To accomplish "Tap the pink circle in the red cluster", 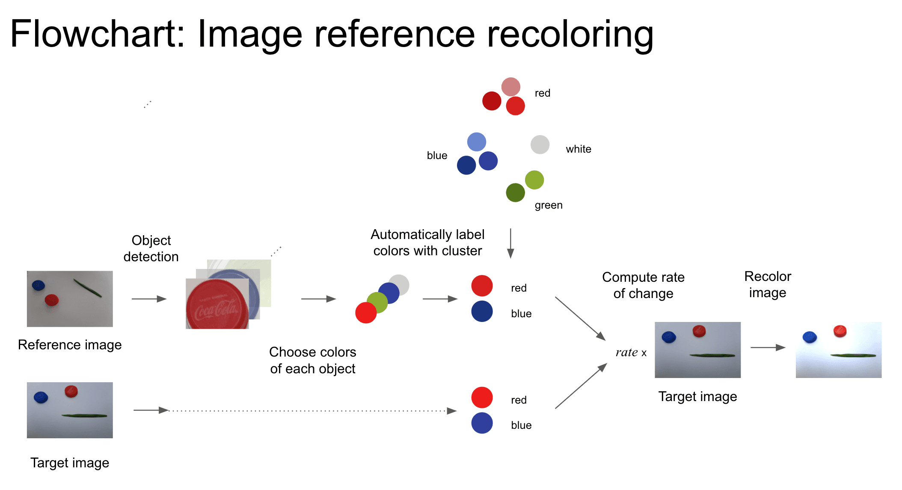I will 510,87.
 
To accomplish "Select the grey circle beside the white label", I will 540,145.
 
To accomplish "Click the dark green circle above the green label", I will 515,192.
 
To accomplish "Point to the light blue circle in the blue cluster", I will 476,142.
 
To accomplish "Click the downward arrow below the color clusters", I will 510,243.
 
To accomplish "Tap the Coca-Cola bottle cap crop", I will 217,304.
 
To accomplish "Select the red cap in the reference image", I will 52,300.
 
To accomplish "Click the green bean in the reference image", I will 88,288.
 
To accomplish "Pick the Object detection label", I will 151,248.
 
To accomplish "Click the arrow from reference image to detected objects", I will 149,299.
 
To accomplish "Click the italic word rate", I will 626,352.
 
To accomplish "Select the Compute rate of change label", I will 643,285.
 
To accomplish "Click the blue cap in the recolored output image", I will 810,337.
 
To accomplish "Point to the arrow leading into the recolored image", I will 768,348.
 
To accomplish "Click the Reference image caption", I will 70,345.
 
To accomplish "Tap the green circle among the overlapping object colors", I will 377,302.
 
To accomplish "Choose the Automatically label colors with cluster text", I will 427,242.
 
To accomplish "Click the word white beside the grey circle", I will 578,149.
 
